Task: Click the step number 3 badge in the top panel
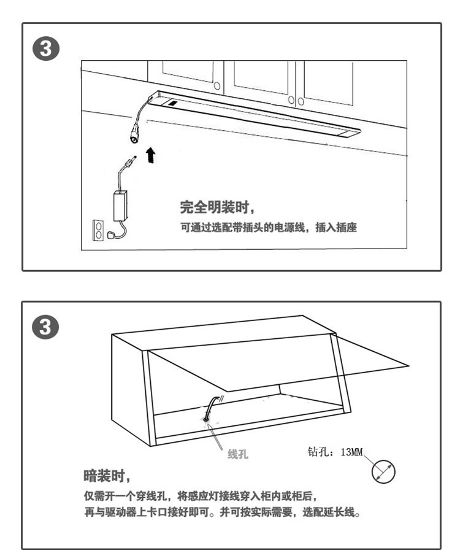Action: click(46, 48)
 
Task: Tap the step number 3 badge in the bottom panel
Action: click(45, 327)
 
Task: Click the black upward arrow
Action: click(150, 155)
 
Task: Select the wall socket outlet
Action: click(98, 230)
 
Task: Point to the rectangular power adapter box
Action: click(120, 206)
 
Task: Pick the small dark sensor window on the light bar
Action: click(172, 104)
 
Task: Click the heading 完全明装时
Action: click(217, 207)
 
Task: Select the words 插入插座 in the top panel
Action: click(336, 227)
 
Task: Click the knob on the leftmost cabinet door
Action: click(217, 86)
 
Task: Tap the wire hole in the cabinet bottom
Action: click(206, 418)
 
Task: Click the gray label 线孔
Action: click(238, 454)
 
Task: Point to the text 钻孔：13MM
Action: click(335, 451)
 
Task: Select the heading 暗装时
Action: click(107, 476)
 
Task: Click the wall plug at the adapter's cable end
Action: click(112, 235)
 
